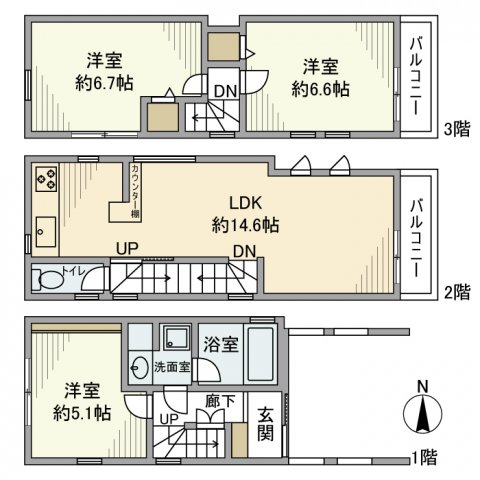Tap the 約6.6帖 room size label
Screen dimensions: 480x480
point(321,89)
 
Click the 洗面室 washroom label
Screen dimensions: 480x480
point(170,367)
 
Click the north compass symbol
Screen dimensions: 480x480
point(424,409)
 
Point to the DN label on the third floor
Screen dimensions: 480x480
point(226,91)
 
